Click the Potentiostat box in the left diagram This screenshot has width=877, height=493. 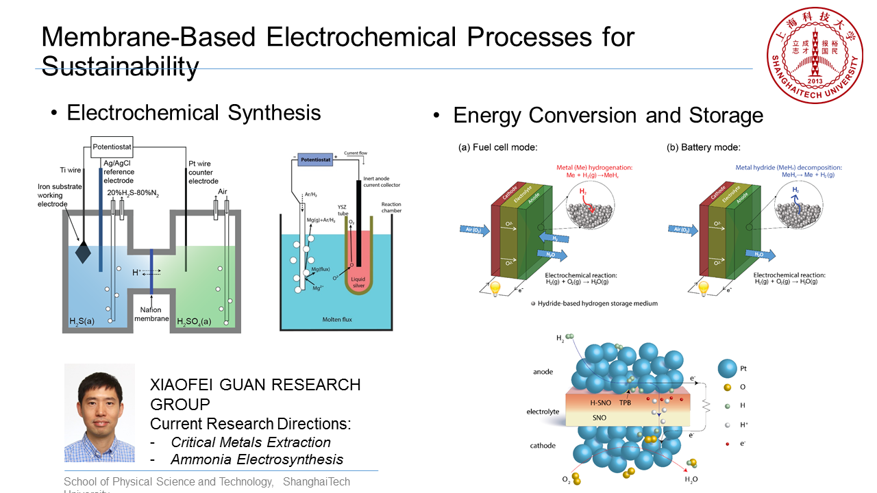(112, 146)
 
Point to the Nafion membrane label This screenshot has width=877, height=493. (151, 314)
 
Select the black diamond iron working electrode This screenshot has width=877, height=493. (82, 252)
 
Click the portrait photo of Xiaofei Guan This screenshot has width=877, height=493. (99, 413)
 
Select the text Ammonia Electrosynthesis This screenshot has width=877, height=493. (257, 459)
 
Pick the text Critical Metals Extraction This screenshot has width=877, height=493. (251, 442)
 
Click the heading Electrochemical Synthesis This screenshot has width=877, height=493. (194, 112)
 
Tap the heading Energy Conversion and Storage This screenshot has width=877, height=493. (608, 116)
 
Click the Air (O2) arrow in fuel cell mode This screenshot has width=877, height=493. (473, 230)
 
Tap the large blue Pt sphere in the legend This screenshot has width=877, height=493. (727, 368)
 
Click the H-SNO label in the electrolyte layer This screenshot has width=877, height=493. (600, 403)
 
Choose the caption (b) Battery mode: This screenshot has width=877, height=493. (704, 147)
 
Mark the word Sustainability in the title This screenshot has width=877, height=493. (120, 66)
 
